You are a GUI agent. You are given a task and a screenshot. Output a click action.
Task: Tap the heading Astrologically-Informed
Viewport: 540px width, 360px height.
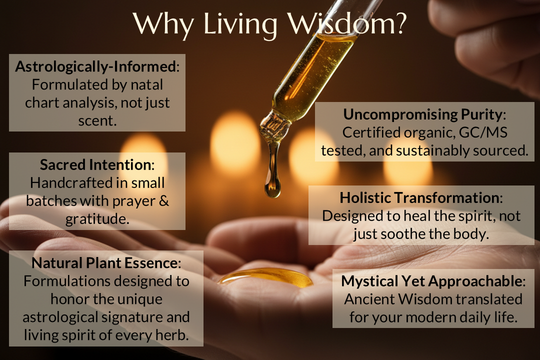[x=95, y=66]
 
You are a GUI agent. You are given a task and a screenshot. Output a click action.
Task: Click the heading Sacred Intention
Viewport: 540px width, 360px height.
[x=95, y=164]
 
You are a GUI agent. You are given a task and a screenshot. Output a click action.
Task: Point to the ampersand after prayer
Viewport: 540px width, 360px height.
[x=164, y=201]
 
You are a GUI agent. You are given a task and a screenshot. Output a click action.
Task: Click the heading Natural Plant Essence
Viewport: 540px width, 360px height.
[x=104, y=263]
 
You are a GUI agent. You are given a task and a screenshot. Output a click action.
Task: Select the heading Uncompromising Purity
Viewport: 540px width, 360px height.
[x=422, y=114]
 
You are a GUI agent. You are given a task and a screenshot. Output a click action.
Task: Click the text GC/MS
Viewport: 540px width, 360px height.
[x=483, y=132]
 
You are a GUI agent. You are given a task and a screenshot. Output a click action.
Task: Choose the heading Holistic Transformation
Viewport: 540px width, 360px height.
[x=419, y=197]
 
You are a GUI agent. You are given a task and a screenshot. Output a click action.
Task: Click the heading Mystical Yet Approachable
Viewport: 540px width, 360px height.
[x=431, y=281]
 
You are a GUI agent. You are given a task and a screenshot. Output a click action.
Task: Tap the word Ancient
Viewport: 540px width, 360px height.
[x=369, y=299]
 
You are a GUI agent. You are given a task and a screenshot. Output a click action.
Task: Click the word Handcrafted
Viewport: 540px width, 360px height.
[x=71, y=182]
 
